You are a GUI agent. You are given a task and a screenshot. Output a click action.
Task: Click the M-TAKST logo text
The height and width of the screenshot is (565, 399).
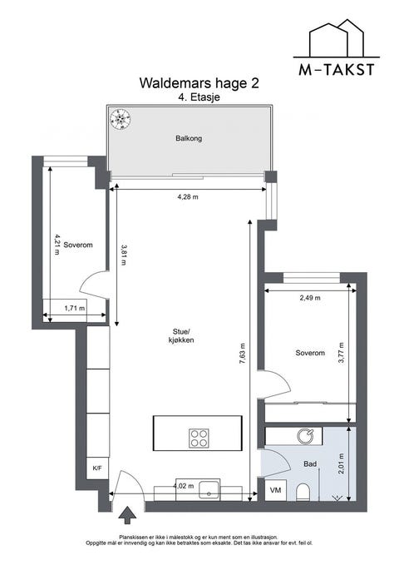(337, 70)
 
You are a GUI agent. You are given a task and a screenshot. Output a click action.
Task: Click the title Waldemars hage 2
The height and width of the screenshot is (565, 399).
(199, 83)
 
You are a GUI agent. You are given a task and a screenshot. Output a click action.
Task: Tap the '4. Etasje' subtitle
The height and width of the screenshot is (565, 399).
(199, 97)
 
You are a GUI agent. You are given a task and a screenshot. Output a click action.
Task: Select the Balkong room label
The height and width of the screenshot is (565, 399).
(189, 138)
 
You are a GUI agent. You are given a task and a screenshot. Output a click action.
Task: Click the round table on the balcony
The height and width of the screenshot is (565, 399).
(120, 119)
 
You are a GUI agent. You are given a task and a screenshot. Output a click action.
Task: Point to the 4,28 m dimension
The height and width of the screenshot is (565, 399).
(188, 196)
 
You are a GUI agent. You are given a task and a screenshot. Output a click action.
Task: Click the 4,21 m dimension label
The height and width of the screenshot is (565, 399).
(57, 245)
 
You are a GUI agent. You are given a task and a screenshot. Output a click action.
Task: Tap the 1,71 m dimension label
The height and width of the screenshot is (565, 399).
(75, 308)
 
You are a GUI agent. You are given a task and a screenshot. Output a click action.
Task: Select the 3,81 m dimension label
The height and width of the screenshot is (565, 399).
(124, 255)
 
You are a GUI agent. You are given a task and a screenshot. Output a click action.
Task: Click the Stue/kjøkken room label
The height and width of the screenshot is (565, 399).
(180, 336)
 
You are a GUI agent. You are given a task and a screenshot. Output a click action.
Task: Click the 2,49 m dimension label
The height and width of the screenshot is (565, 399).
(310, 298)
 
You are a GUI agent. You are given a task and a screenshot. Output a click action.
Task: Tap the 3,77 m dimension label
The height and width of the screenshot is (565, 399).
(341, 353)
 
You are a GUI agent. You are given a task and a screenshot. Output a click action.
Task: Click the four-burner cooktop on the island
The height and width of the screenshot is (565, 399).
(199, 438)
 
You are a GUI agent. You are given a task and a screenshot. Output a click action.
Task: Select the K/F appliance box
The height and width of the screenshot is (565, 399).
(97, 468)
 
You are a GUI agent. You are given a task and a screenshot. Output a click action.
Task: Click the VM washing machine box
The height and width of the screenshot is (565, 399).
(275, 490)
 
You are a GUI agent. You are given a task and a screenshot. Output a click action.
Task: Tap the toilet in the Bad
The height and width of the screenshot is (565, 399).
(303, 493)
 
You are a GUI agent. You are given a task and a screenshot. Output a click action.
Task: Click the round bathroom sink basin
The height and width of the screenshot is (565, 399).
(305, 436)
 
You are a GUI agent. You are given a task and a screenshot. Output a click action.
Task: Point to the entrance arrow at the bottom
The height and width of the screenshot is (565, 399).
(127, 514)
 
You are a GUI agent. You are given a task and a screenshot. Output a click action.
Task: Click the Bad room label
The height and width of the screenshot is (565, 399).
(310, 464)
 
